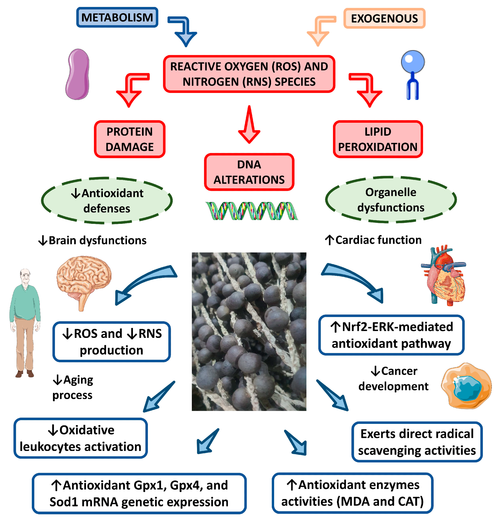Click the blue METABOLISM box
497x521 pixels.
(x=117, y=17)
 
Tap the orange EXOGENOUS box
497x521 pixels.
(x=384, y=18)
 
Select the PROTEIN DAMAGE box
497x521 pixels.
(x=130, y=139)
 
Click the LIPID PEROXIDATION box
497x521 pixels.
(x=378, y=139)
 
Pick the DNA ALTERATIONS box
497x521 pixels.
(x=249, y=172)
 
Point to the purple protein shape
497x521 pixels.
(x=78, y=74)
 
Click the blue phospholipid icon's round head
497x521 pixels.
(x=413, y=62)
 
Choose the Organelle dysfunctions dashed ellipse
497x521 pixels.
(x=391, y=200)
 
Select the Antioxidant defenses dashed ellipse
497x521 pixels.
(x=107, y=201)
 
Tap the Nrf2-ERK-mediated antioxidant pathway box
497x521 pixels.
(x=391, y=335)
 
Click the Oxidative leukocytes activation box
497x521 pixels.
(x=81, y=438)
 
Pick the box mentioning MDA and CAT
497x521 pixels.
(x=352, y=493)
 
